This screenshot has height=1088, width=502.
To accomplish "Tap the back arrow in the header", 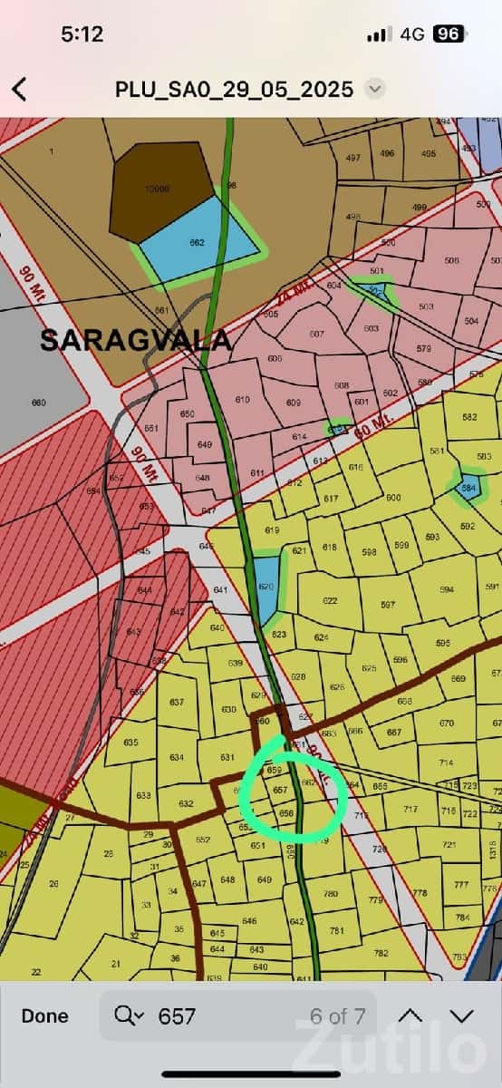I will [19, 89].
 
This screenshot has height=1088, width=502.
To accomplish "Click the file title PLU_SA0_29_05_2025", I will [234, 89].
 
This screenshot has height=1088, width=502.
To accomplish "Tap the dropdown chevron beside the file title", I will [374, 89].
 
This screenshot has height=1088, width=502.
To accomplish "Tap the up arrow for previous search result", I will [410, 1016].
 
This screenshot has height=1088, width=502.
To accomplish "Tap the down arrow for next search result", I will [462, 1016].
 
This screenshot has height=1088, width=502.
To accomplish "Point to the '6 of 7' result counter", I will [337, 1016].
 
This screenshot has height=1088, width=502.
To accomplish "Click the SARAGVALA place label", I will [135, 340].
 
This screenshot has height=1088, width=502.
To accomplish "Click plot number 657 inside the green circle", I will [280, 791].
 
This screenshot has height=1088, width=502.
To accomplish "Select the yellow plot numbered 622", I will [329, 601].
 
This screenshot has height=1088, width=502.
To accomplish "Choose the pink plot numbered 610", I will [242, 400].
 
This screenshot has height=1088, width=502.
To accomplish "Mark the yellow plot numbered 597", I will [388, 605].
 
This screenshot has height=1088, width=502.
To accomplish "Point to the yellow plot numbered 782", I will [381, 953].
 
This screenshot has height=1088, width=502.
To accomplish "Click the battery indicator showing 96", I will [449, 34].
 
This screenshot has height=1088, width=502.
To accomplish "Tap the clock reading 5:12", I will [82, 34].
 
